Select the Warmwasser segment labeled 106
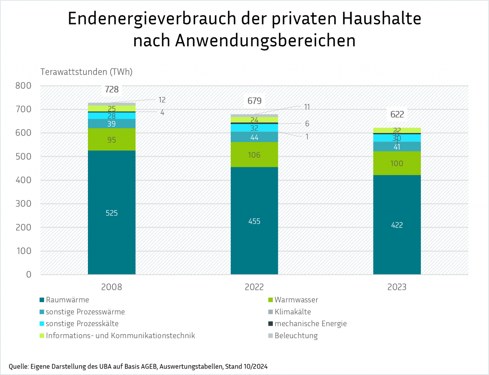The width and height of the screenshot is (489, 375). [254, 155]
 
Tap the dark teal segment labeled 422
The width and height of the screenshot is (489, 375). [397, 224]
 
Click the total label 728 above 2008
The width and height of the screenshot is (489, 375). [112, 89]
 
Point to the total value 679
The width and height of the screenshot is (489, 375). [254, 101]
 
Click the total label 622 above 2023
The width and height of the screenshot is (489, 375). [397, 115]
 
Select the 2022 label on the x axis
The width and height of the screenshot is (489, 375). [254, 287]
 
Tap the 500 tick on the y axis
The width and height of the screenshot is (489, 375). [23, 157]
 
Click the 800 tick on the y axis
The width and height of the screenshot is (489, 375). [23, 86]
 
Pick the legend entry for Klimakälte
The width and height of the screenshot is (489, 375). [293, 312]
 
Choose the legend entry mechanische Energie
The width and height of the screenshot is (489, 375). [311, 324]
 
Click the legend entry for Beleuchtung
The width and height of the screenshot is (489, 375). [296, 336]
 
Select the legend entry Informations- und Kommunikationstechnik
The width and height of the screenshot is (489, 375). [120, 336]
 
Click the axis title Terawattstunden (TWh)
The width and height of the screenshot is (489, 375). [86, 72]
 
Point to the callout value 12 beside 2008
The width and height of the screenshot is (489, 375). [162, 100]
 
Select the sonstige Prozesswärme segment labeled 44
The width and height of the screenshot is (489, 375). [254, 137]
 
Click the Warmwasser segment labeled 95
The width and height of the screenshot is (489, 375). [112, 140]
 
